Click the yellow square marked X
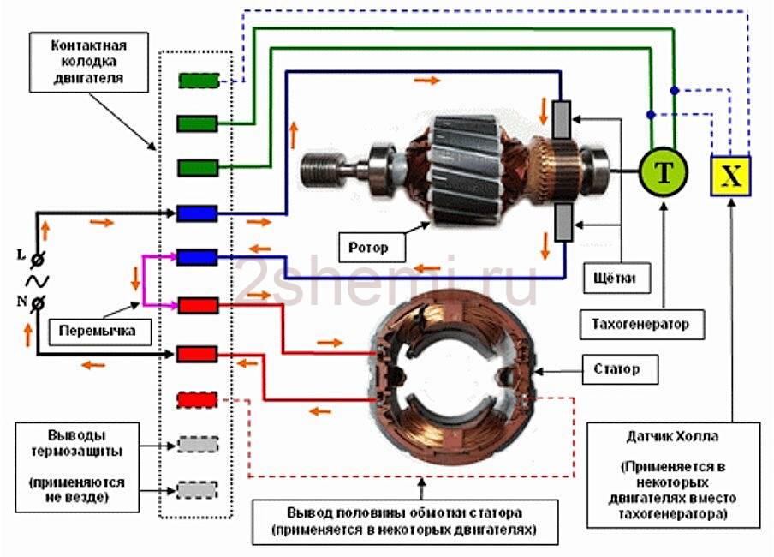tap(730, 177)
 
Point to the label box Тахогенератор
tap(640, 325)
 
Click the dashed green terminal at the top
tap(198, 81)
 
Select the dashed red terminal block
tap(198, 399)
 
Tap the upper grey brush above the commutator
tap(563, 121)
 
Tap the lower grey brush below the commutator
tap(563, 223)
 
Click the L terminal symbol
tap(39, 258)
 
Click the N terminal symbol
tap(39, 301)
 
